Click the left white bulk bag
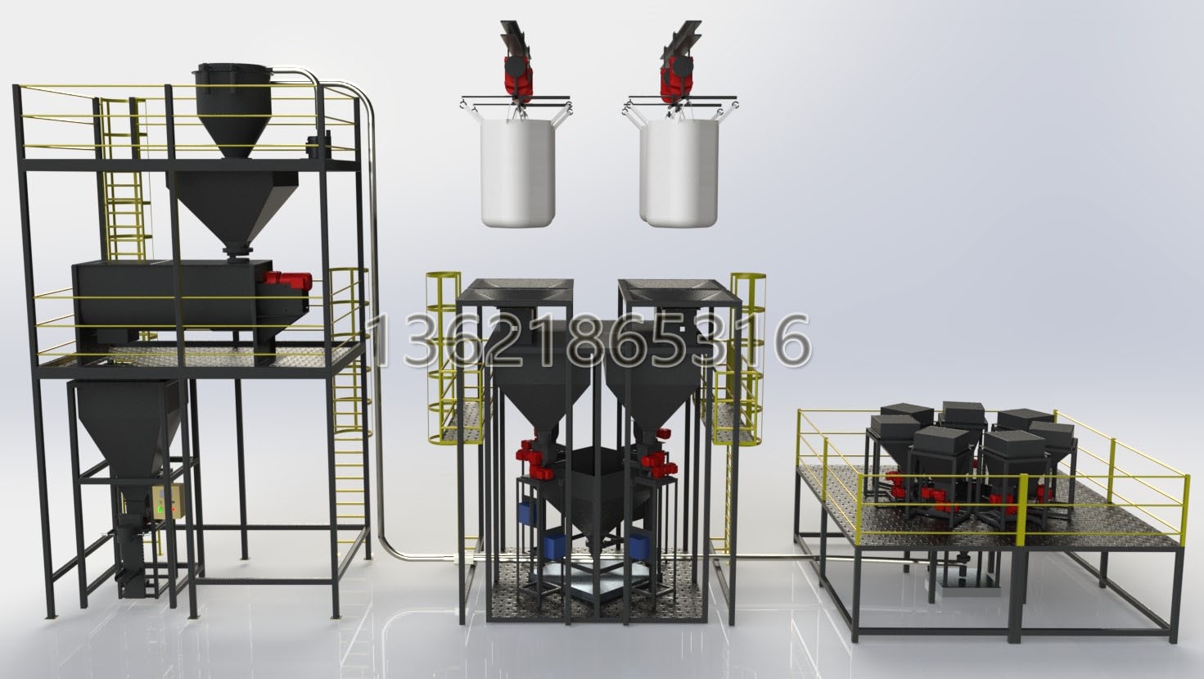[517, 172]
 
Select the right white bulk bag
[679, 172]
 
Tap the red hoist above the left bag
[517, 75]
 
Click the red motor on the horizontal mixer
[286, 280]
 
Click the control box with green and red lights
[167, 501]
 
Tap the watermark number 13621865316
[589, 341]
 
